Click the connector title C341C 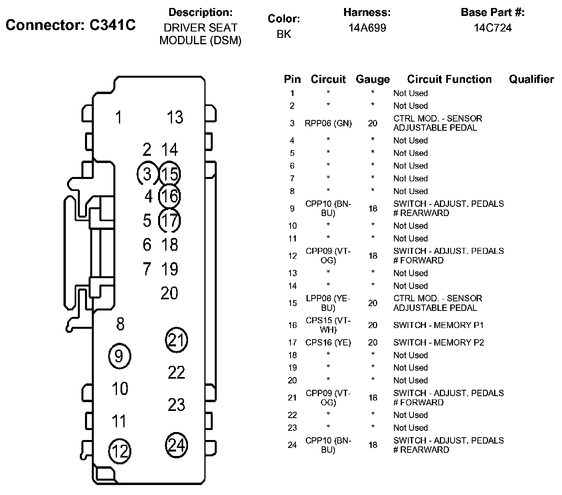point(112,25)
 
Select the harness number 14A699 point(367,28)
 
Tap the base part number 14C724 point(493,28)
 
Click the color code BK point(284,34)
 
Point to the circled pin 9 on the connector point(120,356)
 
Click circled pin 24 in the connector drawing point(176,445)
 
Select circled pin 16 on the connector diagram point(169,196)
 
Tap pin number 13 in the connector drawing point(175,117)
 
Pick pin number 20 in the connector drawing point(169,293)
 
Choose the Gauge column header point(373,79)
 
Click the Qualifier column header point(531,79)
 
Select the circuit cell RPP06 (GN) point(328,123)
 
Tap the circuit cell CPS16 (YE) point(328,342)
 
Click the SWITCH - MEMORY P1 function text point(438,325)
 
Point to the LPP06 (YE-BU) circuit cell point(328,303)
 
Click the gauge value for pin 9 point(373,208)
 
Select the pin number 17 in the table point(293,343)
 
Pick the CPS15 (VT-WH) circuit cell point(328,325)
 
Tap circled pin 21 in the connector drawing point(176,340)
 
